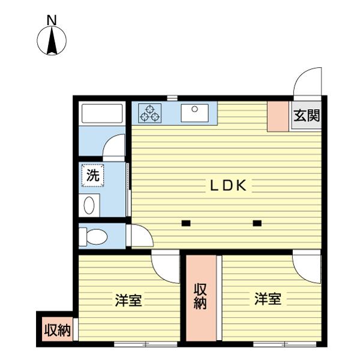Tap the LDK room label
tap(227, 186)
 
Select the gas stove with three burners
tap(150, 112)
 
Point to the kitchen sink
tap(194, 112)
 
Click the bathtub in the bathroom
tap(102, 113)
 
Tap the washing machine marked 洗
tap(93, 176)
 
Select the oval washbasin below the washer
tap(89, 206)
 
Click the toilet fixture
tap(93, 236)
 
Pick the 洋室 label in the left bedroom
tap(128, 299)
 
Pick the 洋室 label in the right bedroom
tap(268, 298)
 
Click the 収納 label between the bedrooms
tap(200, 296)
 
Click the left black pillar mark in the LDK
tap(186, 224)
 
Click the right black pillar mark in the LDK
tap(257, 224)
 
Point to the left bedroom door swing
tap(166, 268)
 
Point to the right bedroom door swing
tap(307, 268)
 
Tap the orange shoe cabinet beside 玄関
tap(278, 116)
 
